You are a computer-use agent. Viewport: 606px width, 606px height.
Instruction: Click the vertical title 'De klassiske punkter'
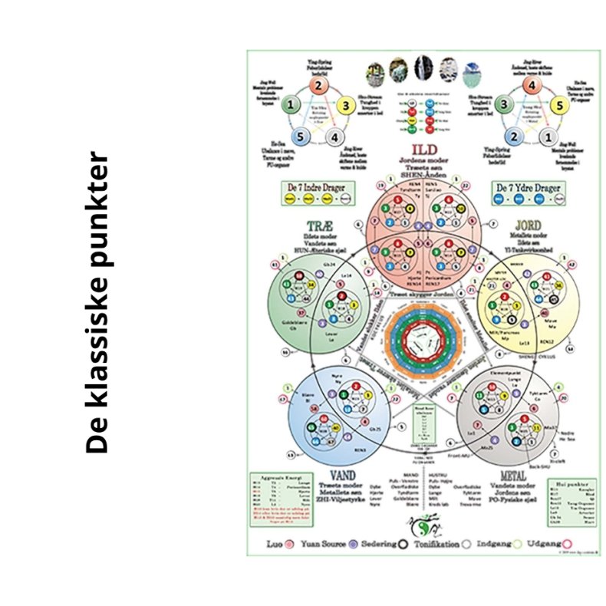point(98,303)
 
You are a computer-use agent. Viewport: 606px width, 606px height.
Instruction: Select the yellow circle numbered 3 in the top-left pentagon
point(346,106)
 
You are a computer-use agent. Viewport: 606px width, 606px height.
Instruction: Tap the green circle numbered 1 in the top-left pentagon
point(291,105)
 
